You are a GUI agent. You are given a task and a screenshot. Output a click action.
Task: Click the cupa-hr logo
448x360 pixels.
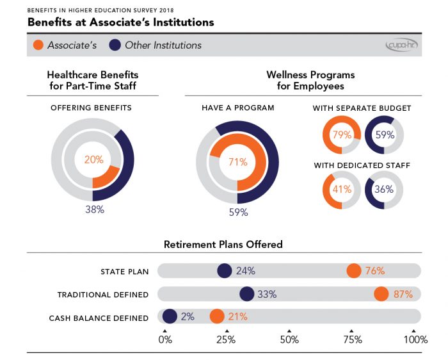[401, 45]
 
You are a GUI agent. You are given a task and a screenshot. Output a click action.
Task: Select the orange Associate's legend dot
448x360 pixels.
[39, 45]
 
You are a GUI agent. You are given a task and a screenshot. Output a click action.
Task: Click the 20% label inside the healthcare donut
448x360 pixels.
[93, 160]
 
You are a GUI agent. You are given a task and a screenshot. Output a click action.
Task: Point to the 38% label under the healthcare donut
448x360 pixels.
[94, 209]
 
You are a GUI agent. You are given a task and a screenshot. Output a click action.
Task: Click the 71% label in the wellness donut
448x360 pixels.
[237, 163]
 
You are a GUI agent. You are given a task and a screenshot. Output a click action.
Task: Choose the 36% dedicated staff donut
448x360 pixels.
[384, 190]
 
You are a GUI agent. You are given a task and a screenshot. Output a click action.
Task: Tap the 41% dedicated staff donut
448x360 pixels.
[341, 190]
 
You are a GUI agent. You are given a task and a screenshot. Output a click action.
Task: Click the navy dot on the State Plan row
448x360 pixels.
[224, 271]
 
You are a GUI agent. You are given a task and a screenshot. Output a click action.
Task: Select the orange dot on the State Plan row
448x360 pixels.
[354, 271]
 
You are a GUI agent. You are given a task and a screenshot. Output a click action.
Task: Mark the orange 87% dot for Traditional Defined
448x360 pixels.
[381, 294]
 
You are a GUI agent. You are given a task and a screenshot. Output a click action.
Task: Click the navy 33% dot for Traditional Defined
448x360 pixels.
[246, 294]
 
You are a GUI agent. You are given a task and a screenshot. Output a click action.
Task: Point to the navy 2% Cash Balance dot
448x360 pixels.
[170, 316]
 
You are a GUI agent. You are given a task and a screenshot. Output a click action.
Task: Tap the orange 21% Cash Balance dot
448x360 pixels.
[217, 316]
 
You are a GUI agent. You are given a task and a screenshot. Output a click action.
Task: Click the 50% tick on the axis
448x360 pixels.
[290, 340]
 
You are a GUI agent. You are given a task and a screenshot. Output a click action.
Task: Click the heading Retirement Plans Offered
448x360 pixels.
[223, 245]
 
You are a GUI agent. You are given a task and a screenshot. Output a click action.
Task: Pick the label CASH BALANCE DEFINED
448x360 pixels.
[99, 318]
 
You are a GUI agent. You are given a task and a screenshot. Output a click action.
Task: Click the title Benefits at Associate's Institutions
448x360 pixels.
[120, 22]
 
